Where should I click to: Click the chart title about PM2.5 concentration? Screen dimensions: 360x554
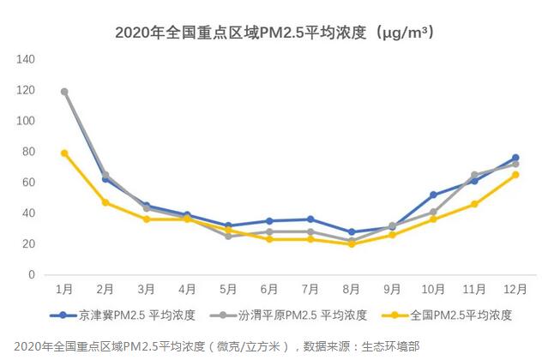tap(274, 33)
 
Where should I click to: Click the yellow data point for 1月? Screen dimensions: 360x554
tap(64, 153)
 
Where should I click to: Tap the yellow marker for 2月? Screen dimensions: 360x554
tap(105, 202)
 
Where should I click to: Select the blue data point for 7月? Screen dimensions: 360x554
tap(310, 219)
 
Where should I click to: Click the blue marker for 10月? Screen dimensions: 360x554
tap(434, 195)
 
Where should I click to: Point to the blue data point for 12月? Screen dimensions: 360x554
tap(515, 158)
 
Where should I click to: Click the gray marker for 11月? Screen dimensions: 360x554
tap(474, 175)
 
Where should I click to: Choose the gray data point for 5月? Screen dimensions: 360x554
tap(228, 236)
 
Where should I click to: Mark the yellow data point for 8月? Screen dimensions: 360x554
tap(352, 244)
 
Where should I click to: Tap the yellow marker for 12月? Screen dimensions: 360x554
tap(515, 175)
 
